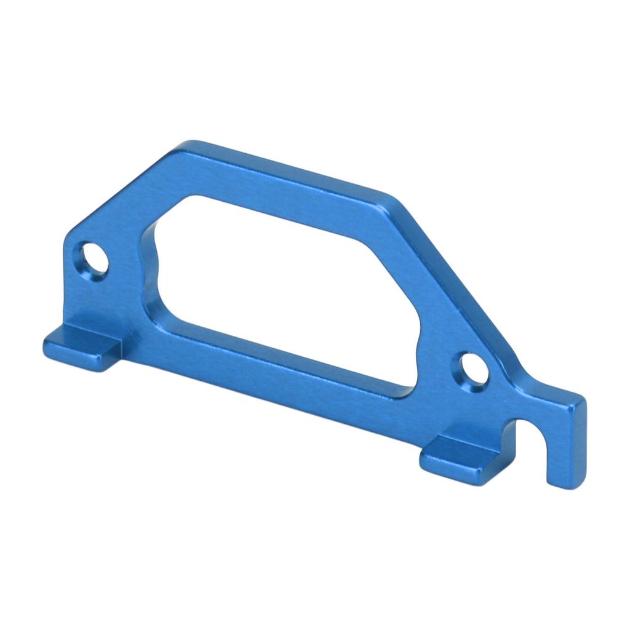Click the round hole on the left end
pos(94,261)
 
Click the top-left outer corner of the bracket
pos(185,148)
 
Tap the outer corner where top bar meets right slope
pos(394,200)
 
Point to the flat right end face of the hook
pos(578,440)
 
